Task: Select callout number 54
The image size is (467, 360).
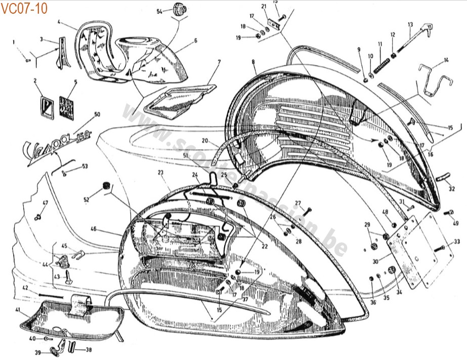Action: [x=160, y=11]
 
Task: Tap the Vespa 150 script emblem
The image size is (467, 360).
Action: [x=51, y=145]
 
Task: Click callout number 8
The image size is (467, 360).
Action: [x=252, y=62]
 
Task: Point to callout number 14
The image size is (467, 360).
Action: [x=446, y=60]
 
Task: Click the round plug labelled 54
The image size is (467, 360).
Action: [x=179, y=9]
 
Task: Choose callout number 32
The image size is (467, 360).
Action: [x=451, y=190]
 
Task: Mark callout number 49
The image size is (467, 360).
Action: [x=455, y=223]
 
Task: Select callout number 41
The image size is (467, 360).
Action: [x=18, y=309]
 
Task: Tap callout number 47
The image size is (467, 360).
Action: [x=45, y=203]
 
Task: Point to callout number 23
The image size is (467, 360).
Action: [x=160, y=172]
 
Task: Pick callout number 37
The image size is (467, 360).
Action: [x=244, y=299]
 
